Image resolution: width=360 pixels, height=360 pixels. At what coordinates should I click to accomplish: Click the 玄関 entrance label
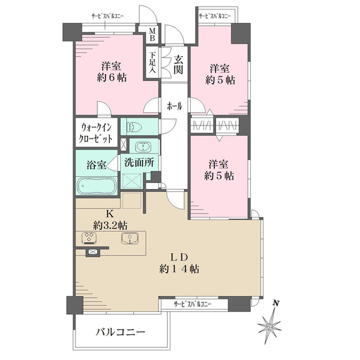click(179, 65)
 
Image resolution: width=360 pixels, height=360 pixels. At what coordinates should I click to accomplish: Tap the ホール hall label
click(174, 105)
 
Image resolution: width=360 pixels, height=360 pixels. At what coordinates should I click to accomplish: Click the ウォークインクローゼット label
click(96, 133)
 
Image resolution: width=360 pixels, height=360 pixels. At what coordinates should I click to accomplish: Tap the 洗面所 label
click(139, 161)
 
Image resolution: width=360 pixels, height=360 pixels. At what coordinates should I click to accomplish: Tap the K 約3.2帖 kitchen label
click(109, 219)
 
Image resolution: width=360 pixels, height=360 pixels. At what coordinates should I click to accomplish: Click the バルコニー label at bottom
click(121, 331)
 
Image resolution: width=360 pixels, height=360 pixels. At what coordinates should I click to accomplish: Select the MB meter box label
click(152, 34)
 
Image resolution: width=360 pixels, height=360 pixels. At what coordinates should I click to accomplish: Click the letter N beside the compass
click(275, 303)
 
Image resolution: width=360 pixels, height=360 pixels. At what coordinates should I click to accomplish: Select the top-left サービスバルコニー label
click(107, 16)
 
